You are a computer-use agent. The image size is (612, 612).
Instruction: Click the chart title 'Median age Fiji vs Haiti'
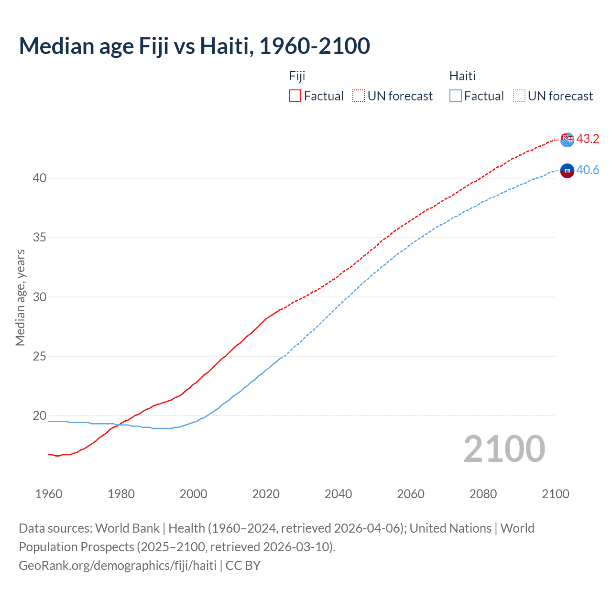coord(194,46)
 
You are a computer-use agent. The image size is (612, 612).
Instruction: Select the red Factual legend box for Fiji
coord(295,96)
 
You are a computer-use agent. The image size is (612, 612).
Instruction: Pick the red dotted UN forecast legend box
coord(359,96)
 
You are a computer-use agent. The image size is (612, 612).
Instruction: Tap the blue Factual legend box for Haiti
coord(455,96)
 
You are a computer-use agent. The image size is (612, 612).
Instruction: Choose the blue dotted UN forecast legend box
coord(519,96)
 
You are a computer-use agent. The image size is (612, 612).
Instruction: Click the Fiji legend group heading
coord(297,76)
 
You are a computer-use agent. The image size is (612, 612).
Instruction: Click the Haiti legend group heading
coord(462,76)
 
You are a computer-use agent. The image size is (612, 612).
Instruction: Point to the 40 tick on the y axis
coord(39,178)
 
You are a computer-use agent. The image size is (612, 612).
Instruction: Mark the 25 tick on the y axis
coord(39,356)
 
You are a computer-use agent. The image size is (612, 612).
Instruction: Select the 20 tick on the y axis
coord(39,415)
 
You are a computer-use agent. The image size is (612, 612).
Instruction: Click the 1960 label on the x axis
coord(49,494)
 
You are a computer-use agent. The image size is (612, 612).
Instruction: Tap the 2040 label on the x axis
coord(338,494)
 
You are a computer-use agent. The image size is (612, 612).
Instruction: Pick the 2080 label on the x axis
coord(483,494)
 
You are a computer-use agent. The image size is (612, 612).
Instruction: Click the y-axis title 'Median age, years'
coord(20,297)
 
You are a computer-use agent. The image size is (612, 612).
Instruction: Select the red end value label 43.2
coord(588,139)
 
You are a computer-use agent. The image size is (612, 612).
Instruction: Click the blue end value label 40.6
coord(588,170)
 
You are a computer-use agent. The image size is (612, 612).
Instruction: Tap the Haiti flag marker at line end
coord(567,170)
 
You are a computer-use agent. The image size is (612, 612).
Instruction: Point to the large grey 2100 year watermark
coord(504,448)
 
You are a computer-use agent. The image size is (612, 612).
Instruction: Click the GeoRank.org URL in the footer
coord(118,566)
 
